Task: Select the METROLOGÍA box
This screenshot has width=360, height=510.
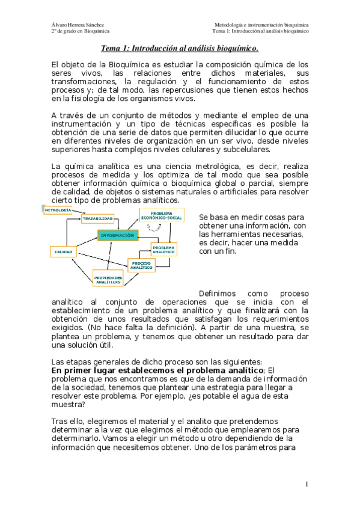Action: pyautogui.click(x=58, y=210)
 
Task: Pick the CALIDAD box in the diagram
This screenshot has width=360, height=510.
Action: pyautogui.click(x=64, y=251)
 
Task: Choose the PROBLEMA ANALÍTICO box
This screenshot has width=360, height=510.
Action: pyautogui.click(x=163, y=249)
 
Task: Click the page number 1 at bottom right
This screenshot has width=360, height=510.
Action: pyautogui.click(x=306, y=484)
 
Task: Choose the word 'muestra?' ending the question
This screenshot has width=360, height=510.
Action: pyautogui.click(x=69, y=404)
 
